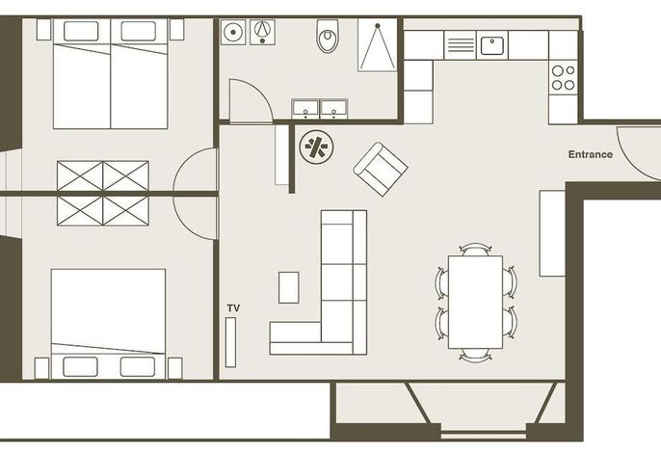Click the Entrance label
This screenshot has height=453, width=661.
[590, 154]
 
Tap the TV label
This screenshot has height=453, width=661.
[233, 308]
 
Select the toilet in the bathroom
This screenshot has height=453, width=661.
[328, 36]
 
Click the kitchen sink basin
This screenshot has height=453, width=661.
[492, 45]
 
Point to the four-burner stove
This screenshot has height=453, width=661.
[563, 78]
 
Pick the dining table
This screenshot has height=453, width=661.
[475, 302]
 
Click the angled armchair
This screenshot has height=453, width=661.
[381, 169]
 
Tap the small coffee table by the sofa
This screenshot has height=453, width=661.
[289, 287]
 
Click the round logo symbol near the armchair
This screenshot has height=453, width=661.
[316, 147]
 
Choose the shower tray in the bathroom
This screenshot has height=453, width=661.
[378, 44]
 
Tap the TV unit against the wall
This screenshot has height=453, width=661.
[230, 342]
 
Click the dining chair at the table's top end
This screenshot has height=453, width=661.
[475, 250]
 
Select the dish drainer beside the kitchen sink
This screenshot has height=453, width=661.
[460, 44]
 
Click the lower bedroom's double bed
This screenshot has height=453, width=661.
[108, 324]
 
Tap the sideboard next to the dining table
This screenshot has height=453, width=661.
[552, 233]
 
